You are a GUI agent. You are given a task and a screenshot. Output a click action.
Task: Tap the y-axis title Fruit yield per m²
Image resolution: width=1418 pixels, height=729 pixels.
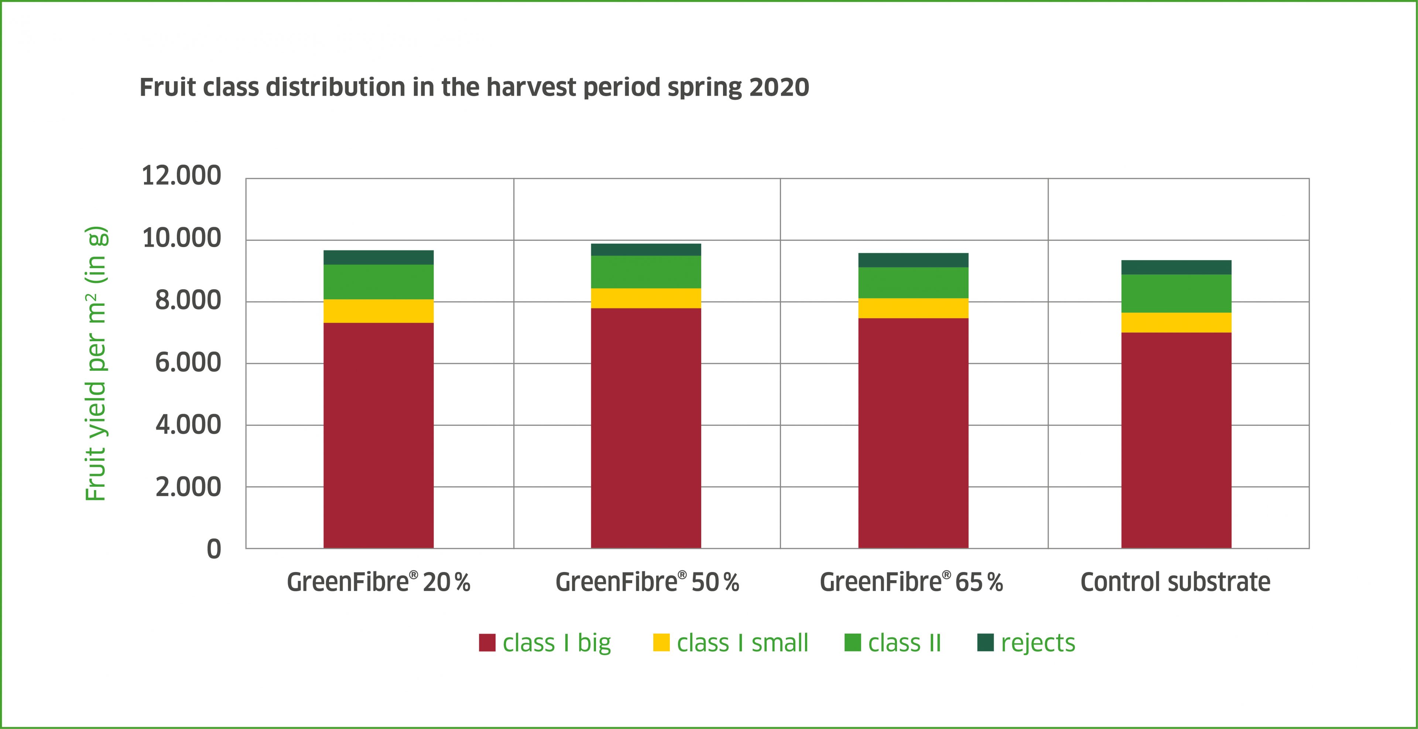point(96,363)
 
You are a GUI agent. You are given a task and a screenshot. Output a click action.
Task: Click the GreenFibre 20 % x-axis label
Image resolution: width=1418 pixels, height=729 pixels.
point(379,582)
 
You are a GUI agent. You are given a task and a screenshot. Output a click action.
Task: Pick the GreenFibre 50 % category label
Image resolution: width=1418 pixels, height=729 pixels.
point(647,582)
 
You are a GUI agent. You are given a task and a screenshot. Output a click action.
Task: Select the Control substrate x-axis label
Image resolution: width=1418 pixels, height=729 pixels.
point(1175,582)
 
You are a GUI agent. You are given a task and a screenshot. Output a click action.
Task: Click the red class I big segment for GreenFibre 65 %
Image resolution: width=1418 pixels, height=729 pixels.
point(913,433)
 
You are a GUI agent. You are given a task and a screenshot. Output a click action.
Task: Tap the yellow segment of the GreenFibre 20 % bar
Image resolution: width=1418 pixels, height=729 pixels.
point(378,311)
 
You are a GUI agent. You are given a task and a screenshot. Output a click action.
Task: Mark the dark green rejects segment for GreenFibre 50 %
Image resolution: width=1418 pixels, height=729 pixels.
point(646,249)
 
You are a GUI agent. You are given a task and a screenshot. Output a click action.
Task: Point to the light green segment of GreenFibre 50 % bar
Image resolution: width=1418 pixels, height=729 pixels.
point(646,272)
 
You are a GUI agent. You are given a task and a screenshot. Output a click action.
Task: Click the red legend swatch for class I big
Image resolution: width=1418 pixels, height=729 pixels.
point(487,643)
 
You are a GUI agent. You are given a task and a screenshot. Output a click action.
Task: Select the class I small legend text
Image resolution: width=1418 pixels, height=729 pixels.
point(742,643)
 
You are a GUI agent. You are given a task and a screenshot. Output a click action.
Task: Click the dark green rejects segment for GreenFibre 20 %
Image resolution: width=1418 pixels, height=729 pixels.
point(378,257)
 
